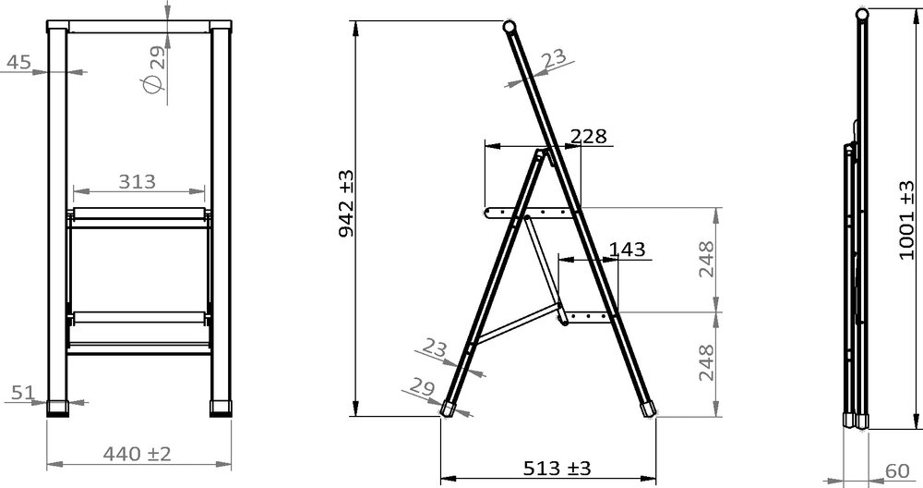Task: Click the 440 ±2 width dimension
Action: pyautogui.click(x=136, y=454)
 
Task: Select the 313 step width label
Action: pyautogui.click(x=137, y=181)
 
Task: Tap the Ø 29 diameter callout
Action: pyautogui.click(x=156, y=70)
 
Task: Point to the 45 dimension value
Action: pyautogui.click(x=18, y=62)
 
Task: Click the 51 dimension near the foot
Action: pyautogui.click(x=23, y=392)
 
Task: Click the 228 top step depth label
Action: pyautogui.click(x=588, y=136)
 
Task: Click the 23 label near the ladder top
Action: pyautogui.click(x=553, y=60)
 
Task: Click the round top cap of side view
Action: pyautogui.click(x=509, y=26)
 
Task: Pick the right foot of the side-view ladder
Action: pyautogui.click(x=645, y=408)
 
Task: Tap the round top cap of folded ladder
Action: pyautogui.click(x=860, y=14)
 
